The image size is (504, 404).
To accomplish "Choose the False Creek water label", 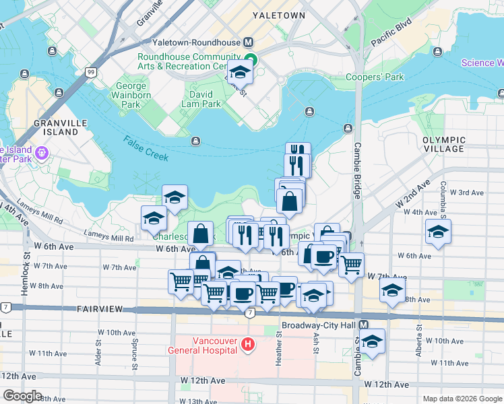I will pyautogui.click(x=146, y=146).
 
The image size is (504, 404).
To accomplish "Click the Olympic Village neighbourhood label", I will pyautogui.click(x=443, y=143).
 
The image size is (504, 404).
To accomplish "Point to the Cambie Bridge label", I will pyautogui.click(x=358, y=171).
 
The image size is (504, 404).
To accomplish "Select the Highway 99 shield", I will pyautogui.click(x=90, y=71).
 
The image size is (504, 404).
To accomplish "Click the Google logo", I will pyautogui.click(x=22, y=396).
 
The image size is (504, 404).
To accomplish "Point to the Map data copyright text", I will pyautogui.click(x=462, y=399).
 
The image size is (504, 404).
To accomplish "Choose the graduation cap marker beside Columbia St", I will pyautogui.click(x=437, y=232).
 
